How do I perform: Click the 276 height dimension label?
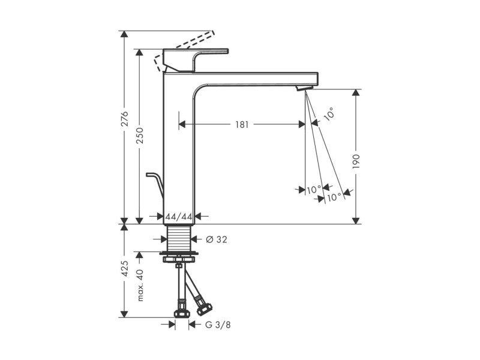[124, 119]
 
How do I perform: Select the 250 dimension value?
[140, 136]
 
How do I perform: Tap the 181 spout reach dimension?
[242, 125]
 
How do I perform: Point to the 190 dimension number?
[356, 161]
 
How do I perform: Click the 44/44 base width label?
[179, 217]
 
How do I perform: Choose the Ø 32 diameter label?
[217, 239]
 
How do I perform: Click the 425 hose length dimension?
[125, 268]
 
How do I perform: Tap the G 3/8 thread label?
[218, 325]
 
